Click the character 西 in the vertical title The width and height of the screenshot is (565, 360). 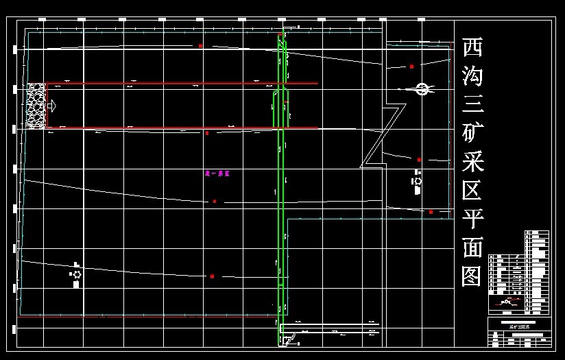[x=472, y=48]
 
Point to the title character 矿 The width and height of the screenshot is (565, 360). [x=472, y=134]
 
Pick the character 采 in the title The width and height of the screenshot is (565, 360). [x=472, y=163]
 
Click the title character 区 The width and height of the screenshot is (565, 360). [x=472, y=191]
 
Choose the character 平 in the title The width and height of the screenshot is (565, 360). [x=472, y=220]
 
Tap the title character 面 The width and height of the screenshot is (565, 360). [x=472, y=248]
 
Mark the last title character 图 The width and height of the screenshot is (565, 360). [x=472, y=276]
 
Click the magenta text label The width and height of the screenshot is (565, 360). [x=217, y=174]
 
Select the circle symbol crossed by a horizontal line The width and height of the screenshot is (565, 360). [x=422, y=88]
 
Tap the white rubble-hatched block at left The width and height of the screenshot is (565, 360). [x=36, y=106]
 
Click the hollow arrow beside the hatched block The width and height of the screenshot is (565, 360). [x=51, y=106]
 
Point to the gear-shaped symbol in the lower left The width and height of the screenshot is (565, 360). [x=76, y=274]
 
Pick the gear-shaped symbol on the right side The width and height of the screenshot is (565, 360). [x=418, y=181]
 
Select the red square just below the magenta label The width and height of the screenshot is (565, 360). [x=215, y=201]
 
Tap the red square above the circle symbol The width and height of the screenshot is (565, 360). [x=411, y=67]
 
